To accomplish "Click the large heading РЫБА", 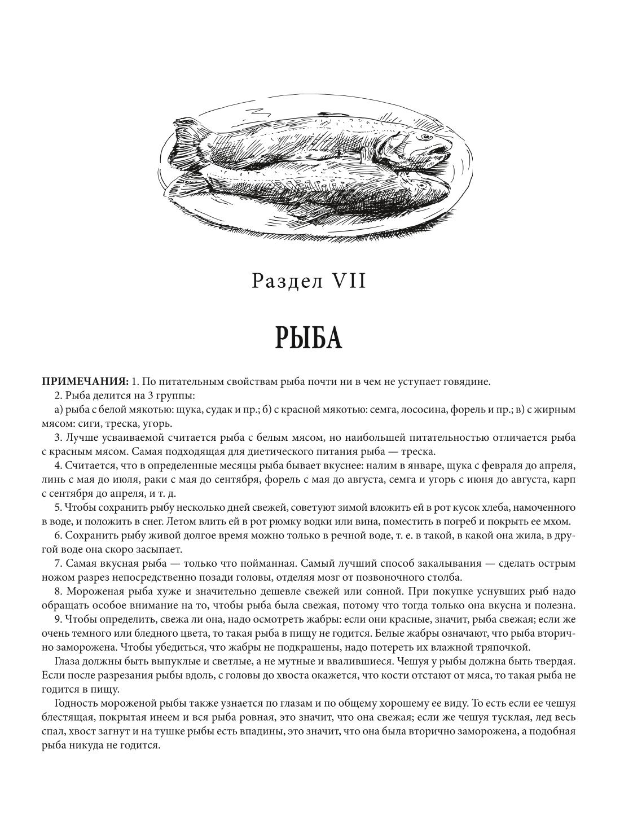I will pyautogui.click(x=309, y=338).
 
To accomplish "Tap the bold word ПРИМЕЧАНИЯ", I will pyautogui.click(x=85, y=381).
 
